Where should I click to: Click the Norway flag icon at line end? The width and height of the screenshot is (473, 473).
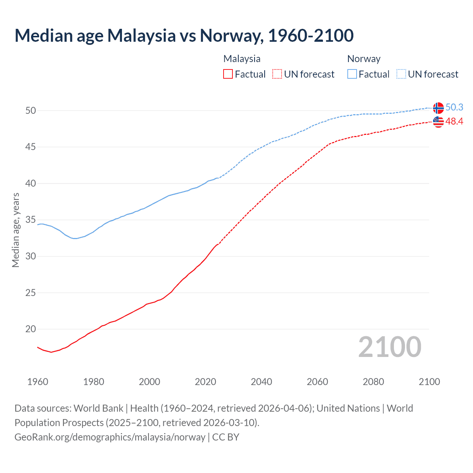click(x=438, y=108)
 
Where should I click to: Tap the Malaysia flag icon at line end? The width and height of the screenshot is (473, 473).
click(x=438, y=122)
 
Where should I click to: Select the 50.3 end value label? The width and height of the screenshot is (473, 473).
click(x=454, y=107)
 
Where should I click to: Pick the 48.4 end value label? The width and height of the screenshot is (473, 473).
click(x=454, y=121)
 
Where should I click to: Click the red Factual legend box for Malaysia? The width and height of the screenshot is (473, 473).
click(x=228, y=74)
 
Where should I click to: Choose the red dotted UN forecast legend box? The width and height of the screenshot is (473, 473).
click(x=277, y=74)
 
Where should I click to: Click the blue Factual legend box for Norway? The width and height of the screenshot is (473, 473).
click(x=352, y=74)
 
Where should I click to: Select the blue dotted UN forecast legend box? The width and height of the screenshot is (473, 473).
click(x=401, y=74)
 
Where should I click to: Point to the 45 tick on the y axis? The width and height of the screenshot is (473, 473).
click(x=30, y=147)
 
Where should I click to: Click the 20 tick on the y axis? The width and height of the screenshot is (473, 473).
click(x=30, y=329)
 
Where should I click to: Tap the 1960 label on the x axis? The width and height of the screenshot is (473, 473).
click(x=38, y=382)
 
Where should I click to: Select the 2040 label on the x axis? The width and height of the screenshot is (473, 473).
click(x=261, y=382)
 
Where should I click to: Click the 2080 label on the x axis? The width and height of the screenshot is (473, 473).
click(x=373, y=382)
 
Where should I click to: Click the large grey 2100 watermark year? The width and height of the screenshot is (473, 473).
click(x=390, y=347)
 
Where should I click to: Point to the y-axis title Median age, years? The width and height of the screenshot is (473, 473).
click(x=16, y=230)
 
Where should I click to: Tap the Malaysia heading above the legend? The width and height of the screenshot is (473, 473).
click(x=242, y=59)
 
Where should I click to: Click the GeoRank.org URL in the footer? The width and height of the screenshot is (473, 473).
click(x=110, y=437)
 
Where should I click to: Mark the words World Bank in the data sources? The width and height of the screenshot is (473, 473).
click(x=98, y=408)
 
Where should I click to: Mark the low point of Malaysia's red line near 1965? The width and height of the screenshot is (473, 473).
click(x=51, y=352)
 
